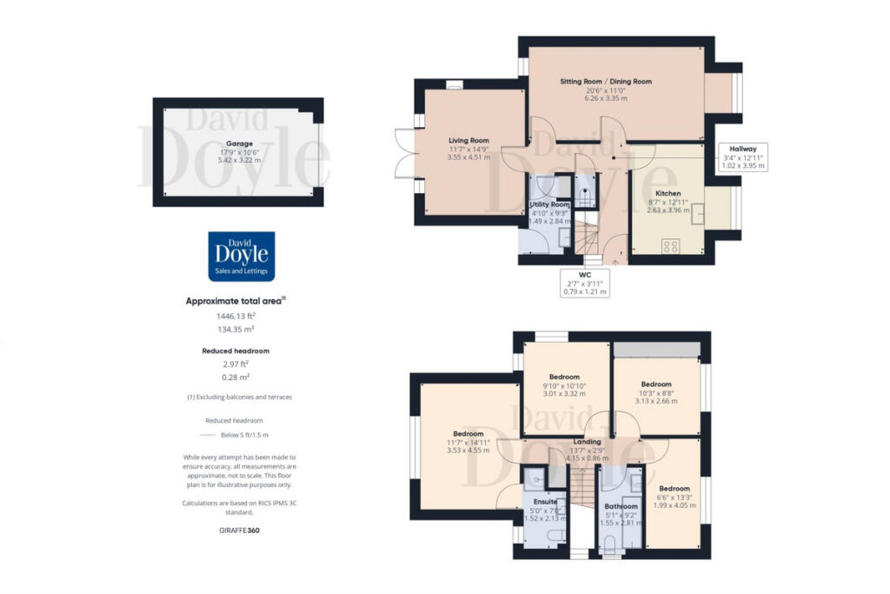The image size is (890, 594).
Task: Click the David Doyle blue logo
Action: pyautogui.click(x=241, y=257)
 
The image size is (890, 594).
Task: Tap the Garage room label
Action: pyautogui.click(x=239, y=143)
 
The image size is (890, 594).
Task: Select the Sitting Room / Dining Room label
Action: pyautogui.click(x=617, y=82)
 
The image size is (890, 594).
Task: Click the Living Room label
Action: pyautogui.click(x=468, y=141)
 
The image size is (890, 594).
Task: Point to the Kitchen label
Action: pyautogui.click(x=667, y=193)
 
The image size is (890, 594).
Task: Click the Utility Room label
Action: pyautogui.click(x=549, y=204)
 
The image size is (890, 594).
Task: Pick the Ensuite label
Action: pyautogui.click(x=545, y=501)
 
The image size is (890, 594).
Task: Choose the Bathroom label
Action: pyautogui.click(x=621, y=506)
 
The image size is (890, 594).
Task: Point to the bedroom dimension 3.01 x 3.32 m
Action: pyautogui.click(x=565, y=393)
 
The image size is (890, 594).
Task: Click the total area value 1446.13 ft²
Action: pyautogui.click(x=239, y=317)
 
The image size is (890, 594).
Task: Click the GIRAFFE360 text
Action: pyautogui.click(x=239, y=530)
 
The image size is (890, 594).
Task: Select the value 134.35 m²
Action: pyautogui.click(x=239, y=330)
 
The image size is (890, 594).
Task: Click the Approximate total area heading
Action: pyautogui.click(x=236, y=301)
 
